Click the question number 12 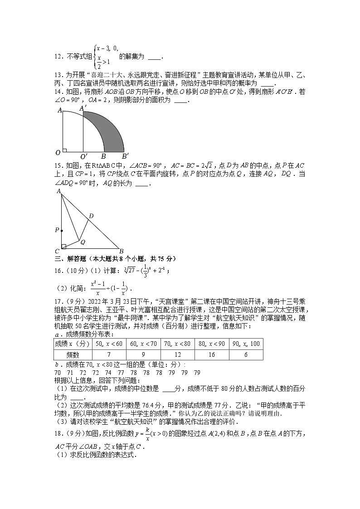58,57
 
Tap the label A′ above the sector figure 83,108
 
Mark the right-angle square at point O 65,149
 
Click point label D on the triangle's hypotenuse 91,216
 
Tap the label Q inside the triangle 83,242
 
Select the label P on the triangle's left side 57,230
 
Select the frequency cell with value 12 177,355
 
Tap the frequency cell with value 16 211,355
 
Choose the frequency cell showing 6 246,355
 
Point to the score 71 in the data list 70,373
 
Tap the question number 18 58,434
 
